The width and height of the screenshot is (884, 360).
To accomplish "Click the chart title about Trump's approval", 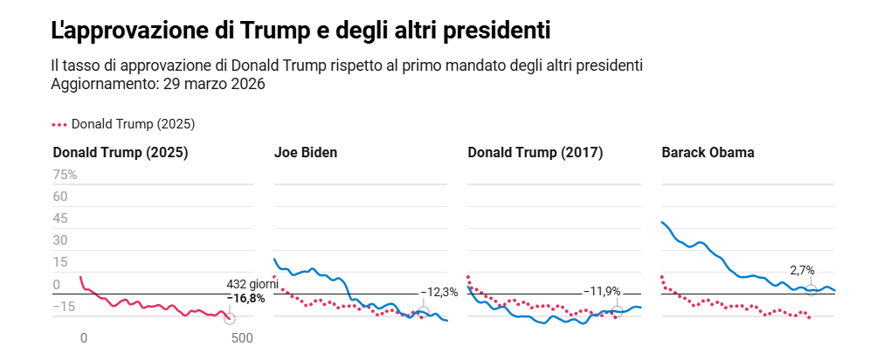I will (x=300, y=31).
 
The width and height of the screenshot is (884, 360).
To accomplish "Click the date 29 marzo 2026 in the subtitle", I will (x=209, y=84).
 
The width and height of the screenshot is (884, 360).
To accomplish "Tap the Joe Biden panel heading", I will (x=306, y=152).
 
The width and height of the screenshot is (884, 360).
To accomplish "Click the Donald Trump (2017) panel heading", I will (x=535, y=152).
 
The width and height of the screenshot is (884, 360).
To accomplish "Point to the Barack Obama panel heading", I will (x=708, y=152).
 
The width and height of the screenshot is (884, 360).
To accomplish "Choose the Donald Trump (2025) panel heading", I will (x=121, y=152).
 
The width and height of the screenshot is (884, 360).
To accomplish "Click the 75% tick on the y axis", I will (x=65, y=175).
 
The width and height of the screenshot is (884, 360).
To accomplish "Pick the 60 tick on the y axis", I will (x=60, y=197).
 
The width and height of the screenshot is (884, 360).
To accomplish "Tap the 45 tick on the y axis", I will (x=60, y=218).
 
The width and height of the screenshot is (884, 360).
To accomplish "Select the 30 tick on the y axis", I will (x=60, y=240).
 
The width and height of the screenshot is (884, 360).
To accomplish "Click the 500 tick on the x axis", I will (x=242, y=338).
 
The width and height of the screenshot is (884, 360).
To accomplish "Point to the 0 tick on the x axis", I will (x=84, y=338).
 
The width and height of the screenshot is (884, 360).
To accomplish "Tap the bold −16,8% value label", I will (x=246, y=298).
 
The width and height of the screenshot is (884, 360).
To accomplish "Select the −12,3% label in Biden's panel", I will (x=439, y=292).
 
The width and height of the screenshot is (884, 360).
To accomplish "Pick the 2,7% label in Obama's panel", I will (x=802, y=271).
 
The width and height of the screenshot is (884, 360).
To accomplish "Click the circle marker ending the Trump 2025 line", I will (x=230, y=319).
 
